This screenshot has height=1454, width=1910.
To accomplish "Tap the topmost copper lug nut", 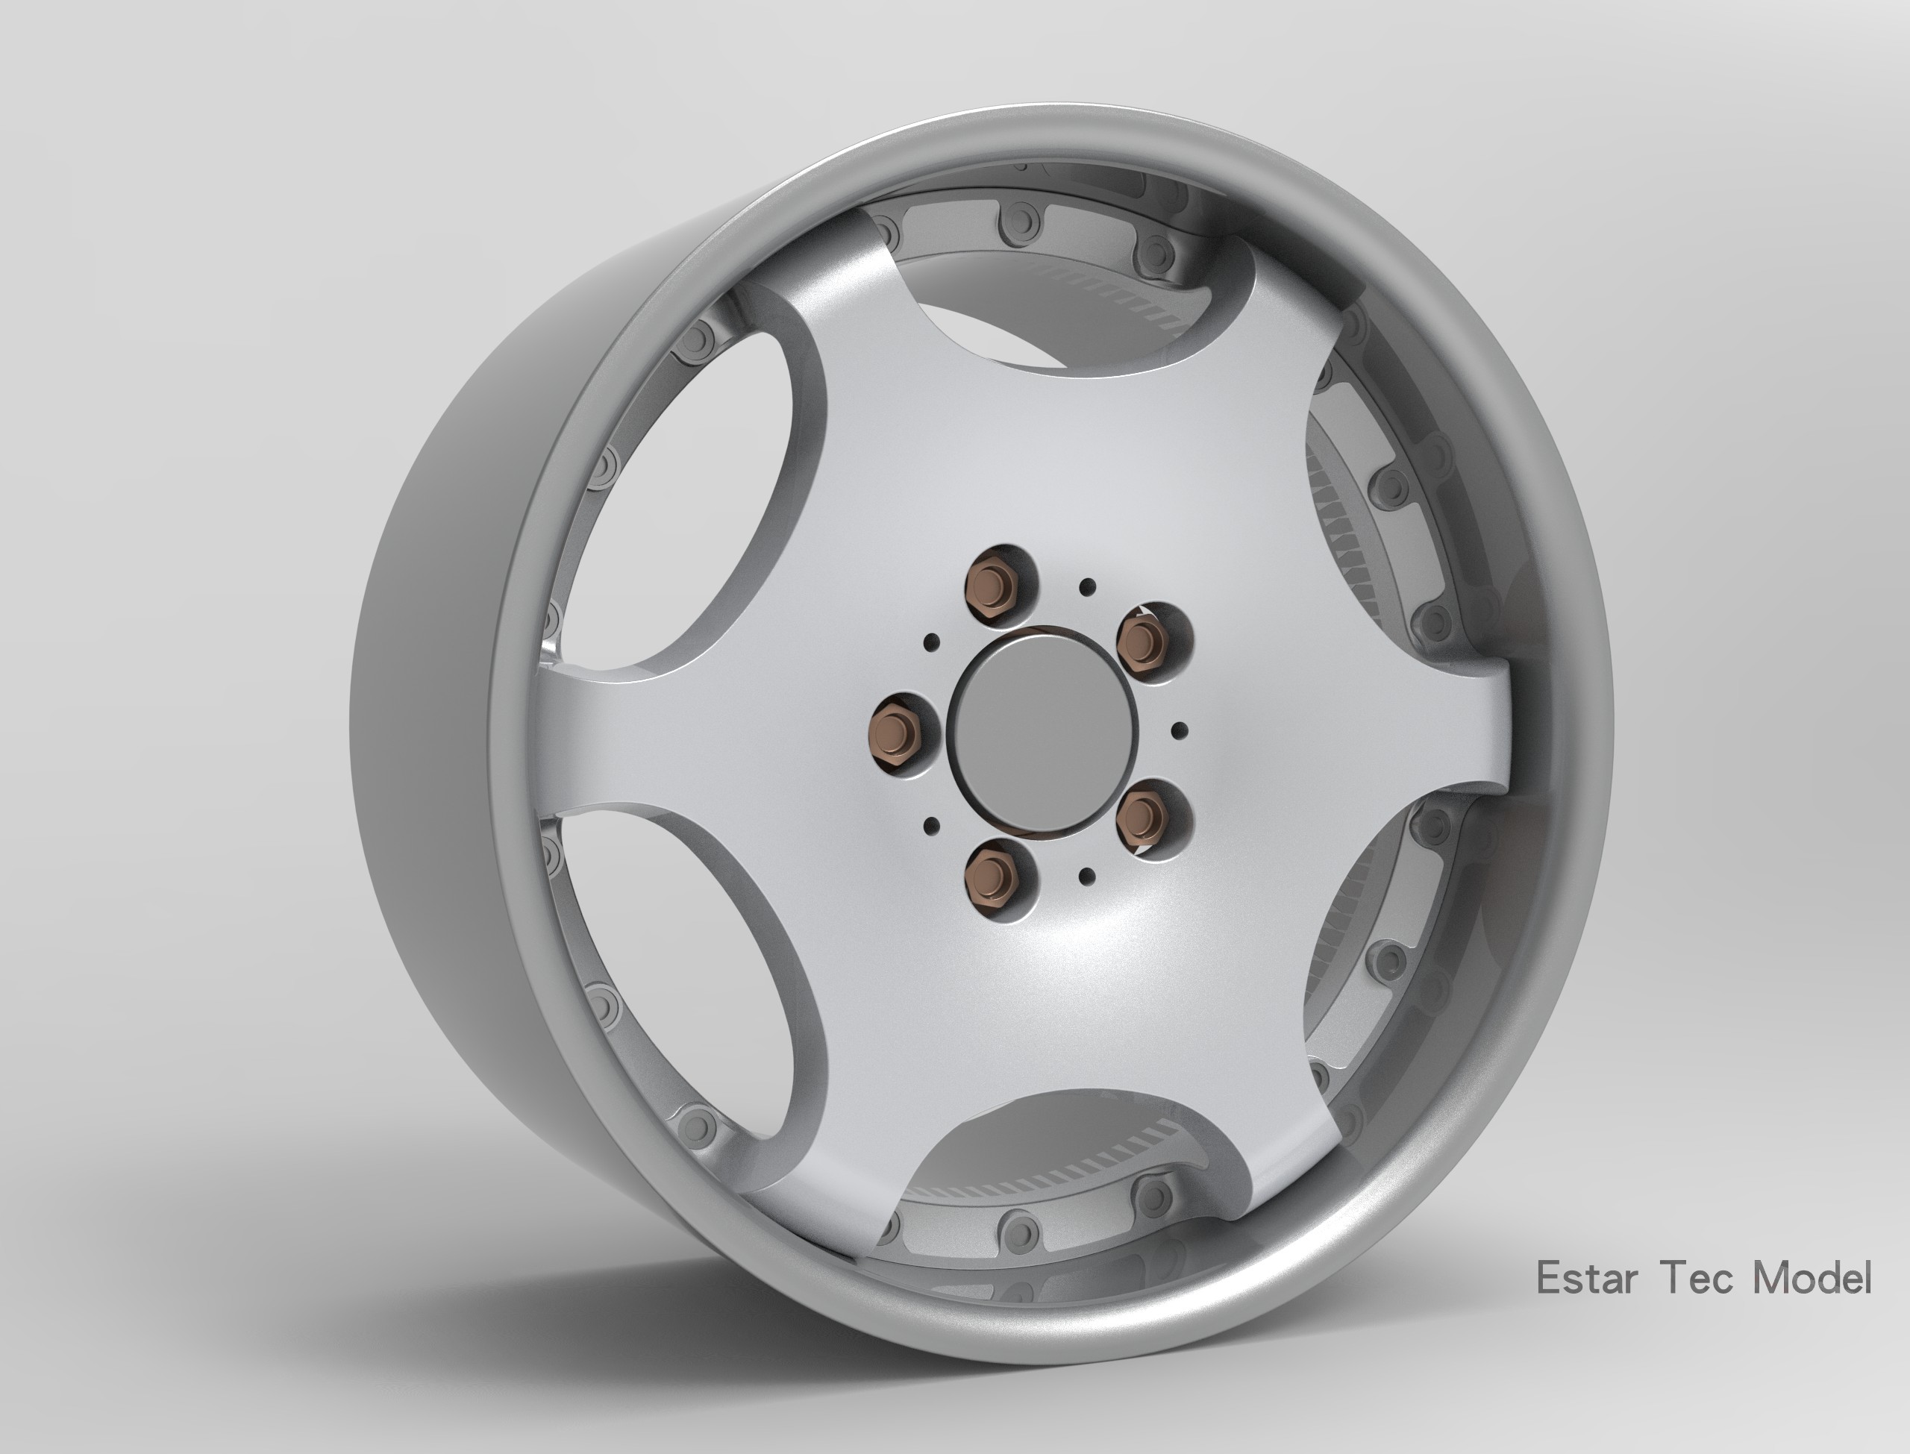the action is (995, 585).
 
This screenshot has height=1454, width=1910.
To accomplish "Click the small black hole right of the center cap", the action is (1178, 731).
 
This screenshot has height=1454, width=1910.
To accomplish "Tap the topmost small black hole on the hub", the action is (1088, 588).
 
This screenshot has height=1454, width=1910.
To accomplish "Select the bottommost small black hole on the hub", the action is (1088, 877).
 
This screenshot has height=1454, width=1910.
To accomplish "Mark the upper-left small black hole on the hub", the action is (932, 642).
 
